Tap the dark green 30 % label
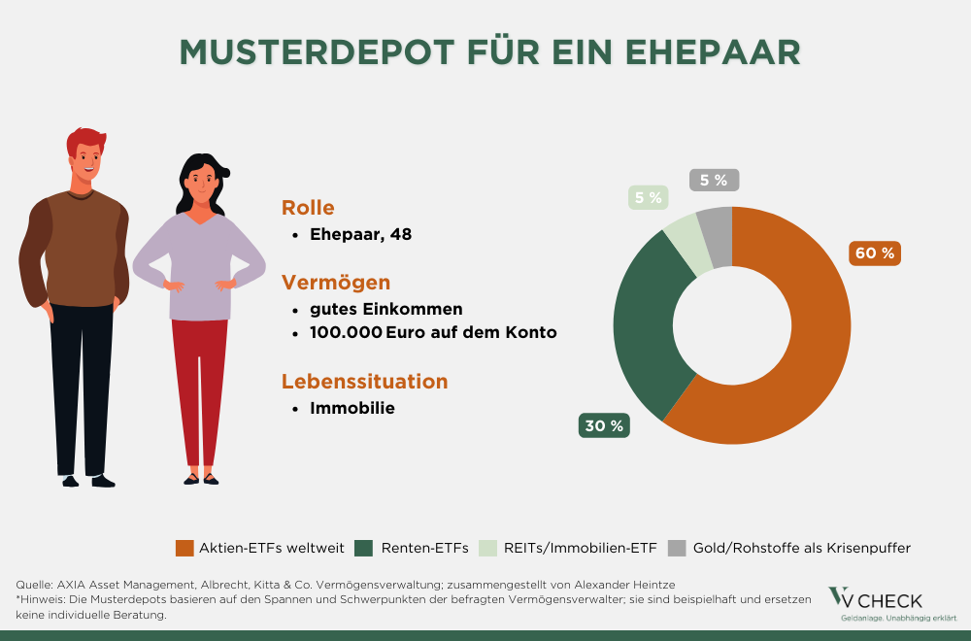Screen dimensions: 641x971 click(603, 425)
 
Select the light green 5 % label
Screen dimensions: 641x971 click(648, 198)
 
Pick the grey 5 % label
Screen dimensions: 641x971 click(714, 180)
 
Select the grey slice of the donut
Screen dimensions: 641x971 click(717, 238)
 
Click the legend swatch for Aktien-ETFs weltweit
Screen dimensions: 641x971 click(184, 548)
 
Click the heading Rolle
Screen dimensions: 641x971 click(308, 207)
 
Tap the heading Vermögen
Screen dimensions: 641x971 click(336, 283)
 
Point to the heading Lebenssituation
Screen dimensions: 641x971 click(365, 381)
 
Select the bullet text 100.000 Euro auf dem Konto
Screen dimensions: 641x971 click(433, 333)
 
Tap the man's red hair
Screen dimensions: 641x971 click(84, 139)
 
